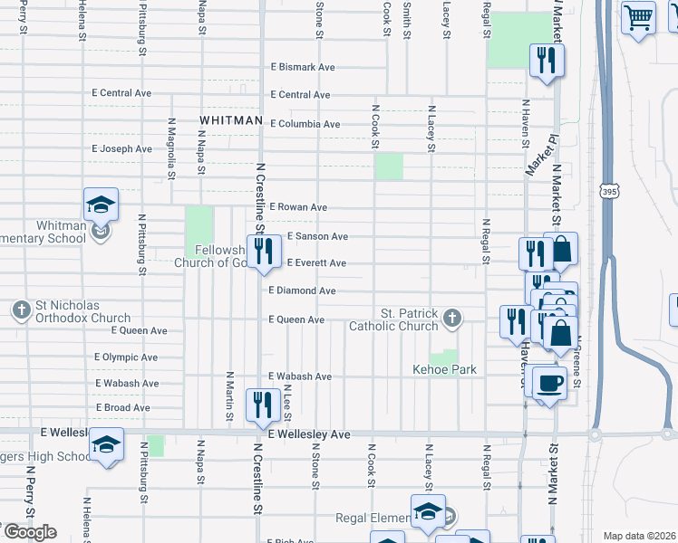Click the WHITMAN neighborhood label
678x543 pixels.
[x=231, y=120]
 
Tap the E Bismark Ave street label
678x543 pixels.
[x=303, y=68]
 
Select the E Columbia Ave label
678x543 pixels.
[x=304, y=124]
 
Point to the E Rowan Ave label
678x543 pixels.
[x=297, y=207]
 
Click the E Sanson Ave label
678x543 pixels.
[x=317, y=236]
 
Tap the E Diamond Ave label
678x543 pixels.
[x=302, y=291]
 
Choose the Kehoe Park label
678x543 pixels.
[x=444, y=369]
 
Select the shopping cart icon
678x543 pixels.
[x=639, y=16]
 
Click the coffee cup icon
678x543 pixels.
[x=549, y=382]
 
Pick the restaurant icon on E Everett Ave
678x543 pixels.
[x=264, y=250]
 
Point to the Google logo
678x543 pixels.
[x=29, y=531]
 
